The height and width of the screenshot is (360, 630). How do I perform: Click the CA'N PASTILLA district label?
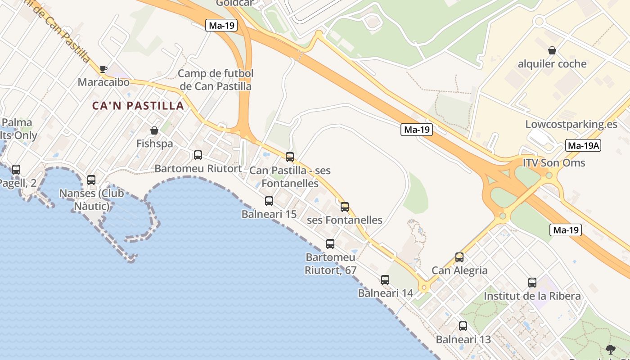[138, 106]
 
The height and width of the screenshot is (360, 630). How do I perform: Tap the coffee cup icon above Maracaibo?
[103, 69]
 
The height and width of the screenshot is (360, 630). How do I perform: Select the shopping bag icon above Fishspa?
[154, 130]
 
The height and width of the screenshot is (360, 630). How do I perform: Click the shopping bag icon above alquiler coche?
[552, 50]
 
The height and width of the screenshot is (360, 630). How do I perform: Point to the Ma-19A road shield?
[583, 145]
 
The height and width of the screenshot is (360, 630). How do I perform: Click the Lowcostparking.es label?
[571, 124]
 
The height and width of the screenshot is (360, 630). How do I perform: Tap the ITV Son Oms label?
[553, 162]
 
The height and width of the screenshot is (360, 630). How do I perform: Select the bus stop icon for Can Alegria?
[459, 257]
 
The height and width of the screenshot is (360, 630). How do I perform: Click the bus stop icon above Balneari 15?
[269, 201]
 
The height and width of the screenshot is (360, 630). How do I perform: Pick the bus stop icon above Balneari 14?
[385, 280]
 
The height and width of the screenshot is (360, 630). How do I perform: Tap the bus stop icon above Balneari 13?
[463, 326]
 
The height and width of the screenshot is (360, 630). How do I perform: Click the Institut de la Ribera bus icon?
[532, 283]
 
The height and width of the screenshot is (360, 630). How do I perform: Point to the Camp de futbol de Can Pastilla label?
[216, 80]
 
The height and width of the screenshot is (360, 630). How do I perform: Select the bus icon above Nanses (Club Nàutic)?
[91, 180]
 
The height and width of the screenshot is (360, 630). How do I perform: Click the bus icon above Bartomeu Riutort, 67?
[330, 244]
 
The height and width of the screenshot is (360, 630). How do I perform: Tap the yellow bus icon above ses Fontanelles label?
[345, 207]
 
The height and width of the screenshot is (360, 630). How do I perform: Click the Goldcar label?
[234, 3]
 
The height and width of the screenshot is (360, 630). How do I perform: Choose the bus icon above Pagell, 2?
[16, 170]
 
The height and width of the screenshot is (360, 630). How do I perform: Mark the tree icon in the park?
[611, 349]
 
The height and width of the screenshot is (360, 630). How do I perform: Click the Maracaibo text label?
[103, 82]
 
